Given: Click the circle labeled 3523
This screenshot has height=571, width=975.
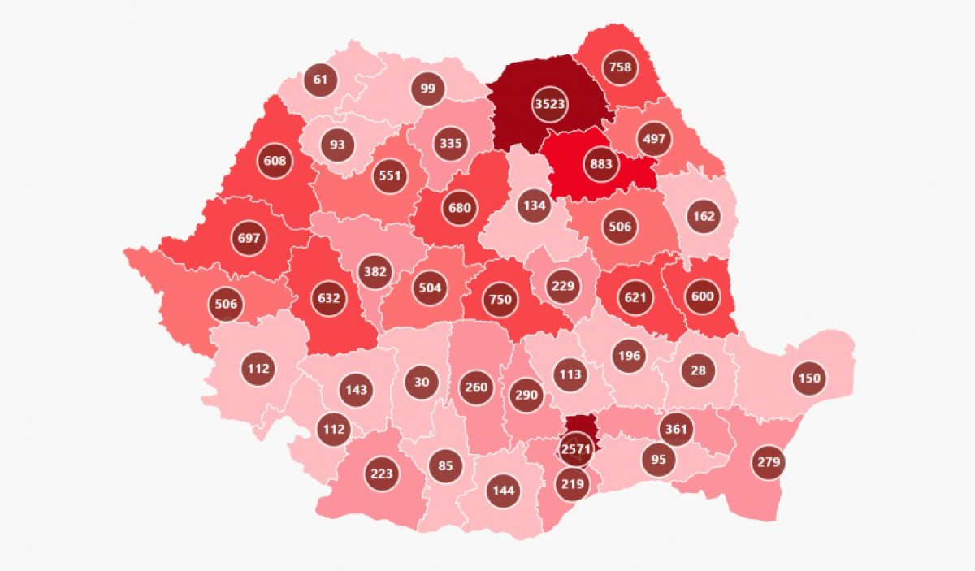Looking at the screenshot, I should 550,104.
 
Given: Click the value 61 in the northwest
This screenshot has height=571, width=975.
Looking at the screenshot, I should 320,80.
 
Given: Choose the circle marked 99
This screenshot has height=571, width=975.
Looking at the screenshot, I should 427,89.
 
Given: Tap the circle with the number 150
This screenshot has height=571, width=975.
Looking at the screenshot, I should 809,378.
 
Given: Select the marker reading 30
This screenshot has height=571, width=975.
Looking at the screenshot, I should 422,382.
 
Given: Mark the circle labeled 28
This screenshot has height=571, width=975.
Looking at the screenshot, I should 698,370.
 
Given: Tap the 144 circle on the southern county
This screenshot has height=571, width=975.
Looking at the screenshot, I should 502,490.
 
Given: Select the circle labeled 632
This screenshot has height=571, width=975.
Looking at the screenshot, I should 328,298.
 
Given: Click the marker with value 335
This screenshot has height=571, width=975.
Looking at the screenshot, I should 450,145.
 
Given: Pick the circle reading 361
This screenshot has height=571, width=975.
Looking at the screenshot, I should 676,428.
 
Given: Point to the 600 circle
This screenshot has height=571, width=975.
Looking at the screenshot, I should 702,296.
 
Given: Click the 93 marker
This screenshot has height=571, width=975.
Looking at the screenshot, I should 337,145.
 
